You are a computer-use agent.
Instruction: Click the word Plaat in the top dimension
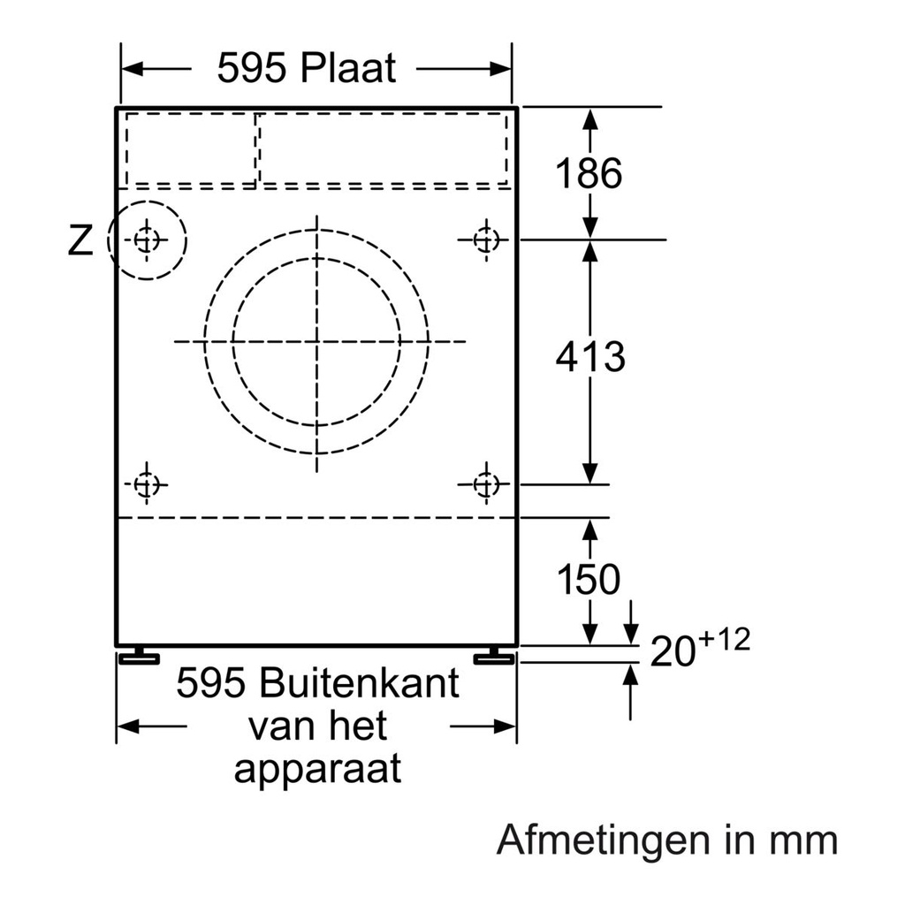tap(348, 68)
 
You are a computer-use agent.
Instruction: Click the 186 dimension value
tap(589, 174)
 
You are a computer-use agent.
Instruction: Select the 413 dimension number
tap(590, 357)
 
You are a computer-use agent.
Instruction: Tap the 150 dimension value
tap(589, 580)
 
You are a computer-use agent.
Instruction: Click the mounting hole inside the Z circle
tap(147, 239)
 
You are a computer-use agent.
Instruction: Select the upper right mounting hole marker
tap(484, 239)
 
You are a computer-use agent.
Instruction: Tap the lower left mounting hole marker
tap(146, 483)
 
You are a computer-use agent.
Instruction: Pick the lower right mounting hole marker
tap(484, 483)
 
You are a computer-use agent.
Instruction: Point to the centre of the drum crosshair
tap(316, 341)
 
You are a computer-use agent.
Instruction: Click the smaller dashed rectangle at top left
tap(189, 148)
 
